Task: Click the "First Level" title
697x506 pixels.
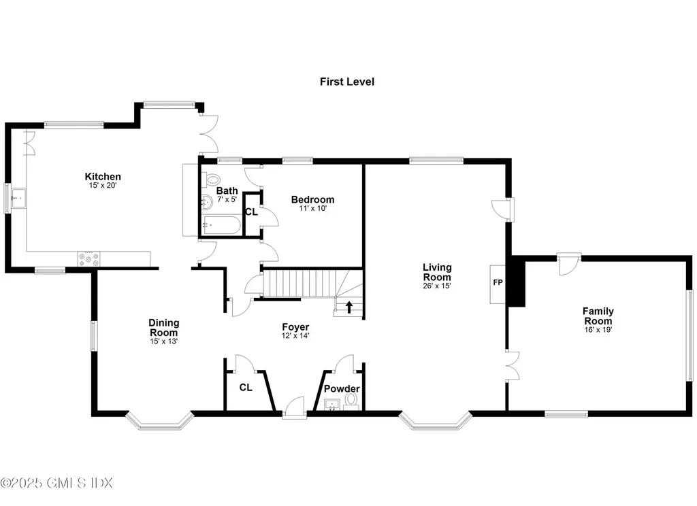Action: pyautogui.click(x=347, y=82)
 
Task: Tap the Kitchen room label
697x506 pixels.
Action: pyautogui.click(x=103, y=177)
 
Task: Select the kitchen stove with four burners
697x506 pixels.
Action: pyautogui.click(x=88, y=259)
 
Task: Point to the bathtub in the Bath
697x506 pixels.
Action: pyautogui.click(x=221, y=225)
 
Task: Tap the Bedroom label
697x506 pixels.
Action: pyautogui.click(x=312, y=199)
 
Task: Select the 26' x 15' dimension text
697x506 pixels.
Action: pyautogui.click(x=437, y=286)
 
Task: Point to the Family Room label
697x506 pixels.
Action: pyautogui.click(x=598, y=316)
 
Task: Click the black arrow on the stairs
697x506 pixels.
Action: pyautogui.click(x=349, y=307)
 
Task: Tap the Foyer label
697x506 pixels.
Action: pyautogui.click(x=295, y=326)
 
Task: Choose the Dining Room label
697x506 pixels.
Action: pyautogui.click(x=163, y=327)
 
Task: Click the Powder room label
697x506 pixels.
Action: pyautogui.click(x=341, y=388)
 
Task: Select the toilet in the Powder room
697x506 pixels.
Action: pyautogui.click(x=351, y=404)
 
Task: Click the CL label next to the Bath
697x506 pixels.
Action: pyautogui.click(x=251, y=212)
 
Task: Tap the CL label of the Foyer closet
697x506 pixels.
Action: pyautogui.click(x=246, y=388)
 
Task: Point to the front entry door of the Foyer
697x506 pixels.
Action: pyautogui.click(x=294, y=407)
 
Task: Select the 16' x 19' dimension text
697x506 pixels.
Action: pyautogui.click(x=598, y=329)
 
